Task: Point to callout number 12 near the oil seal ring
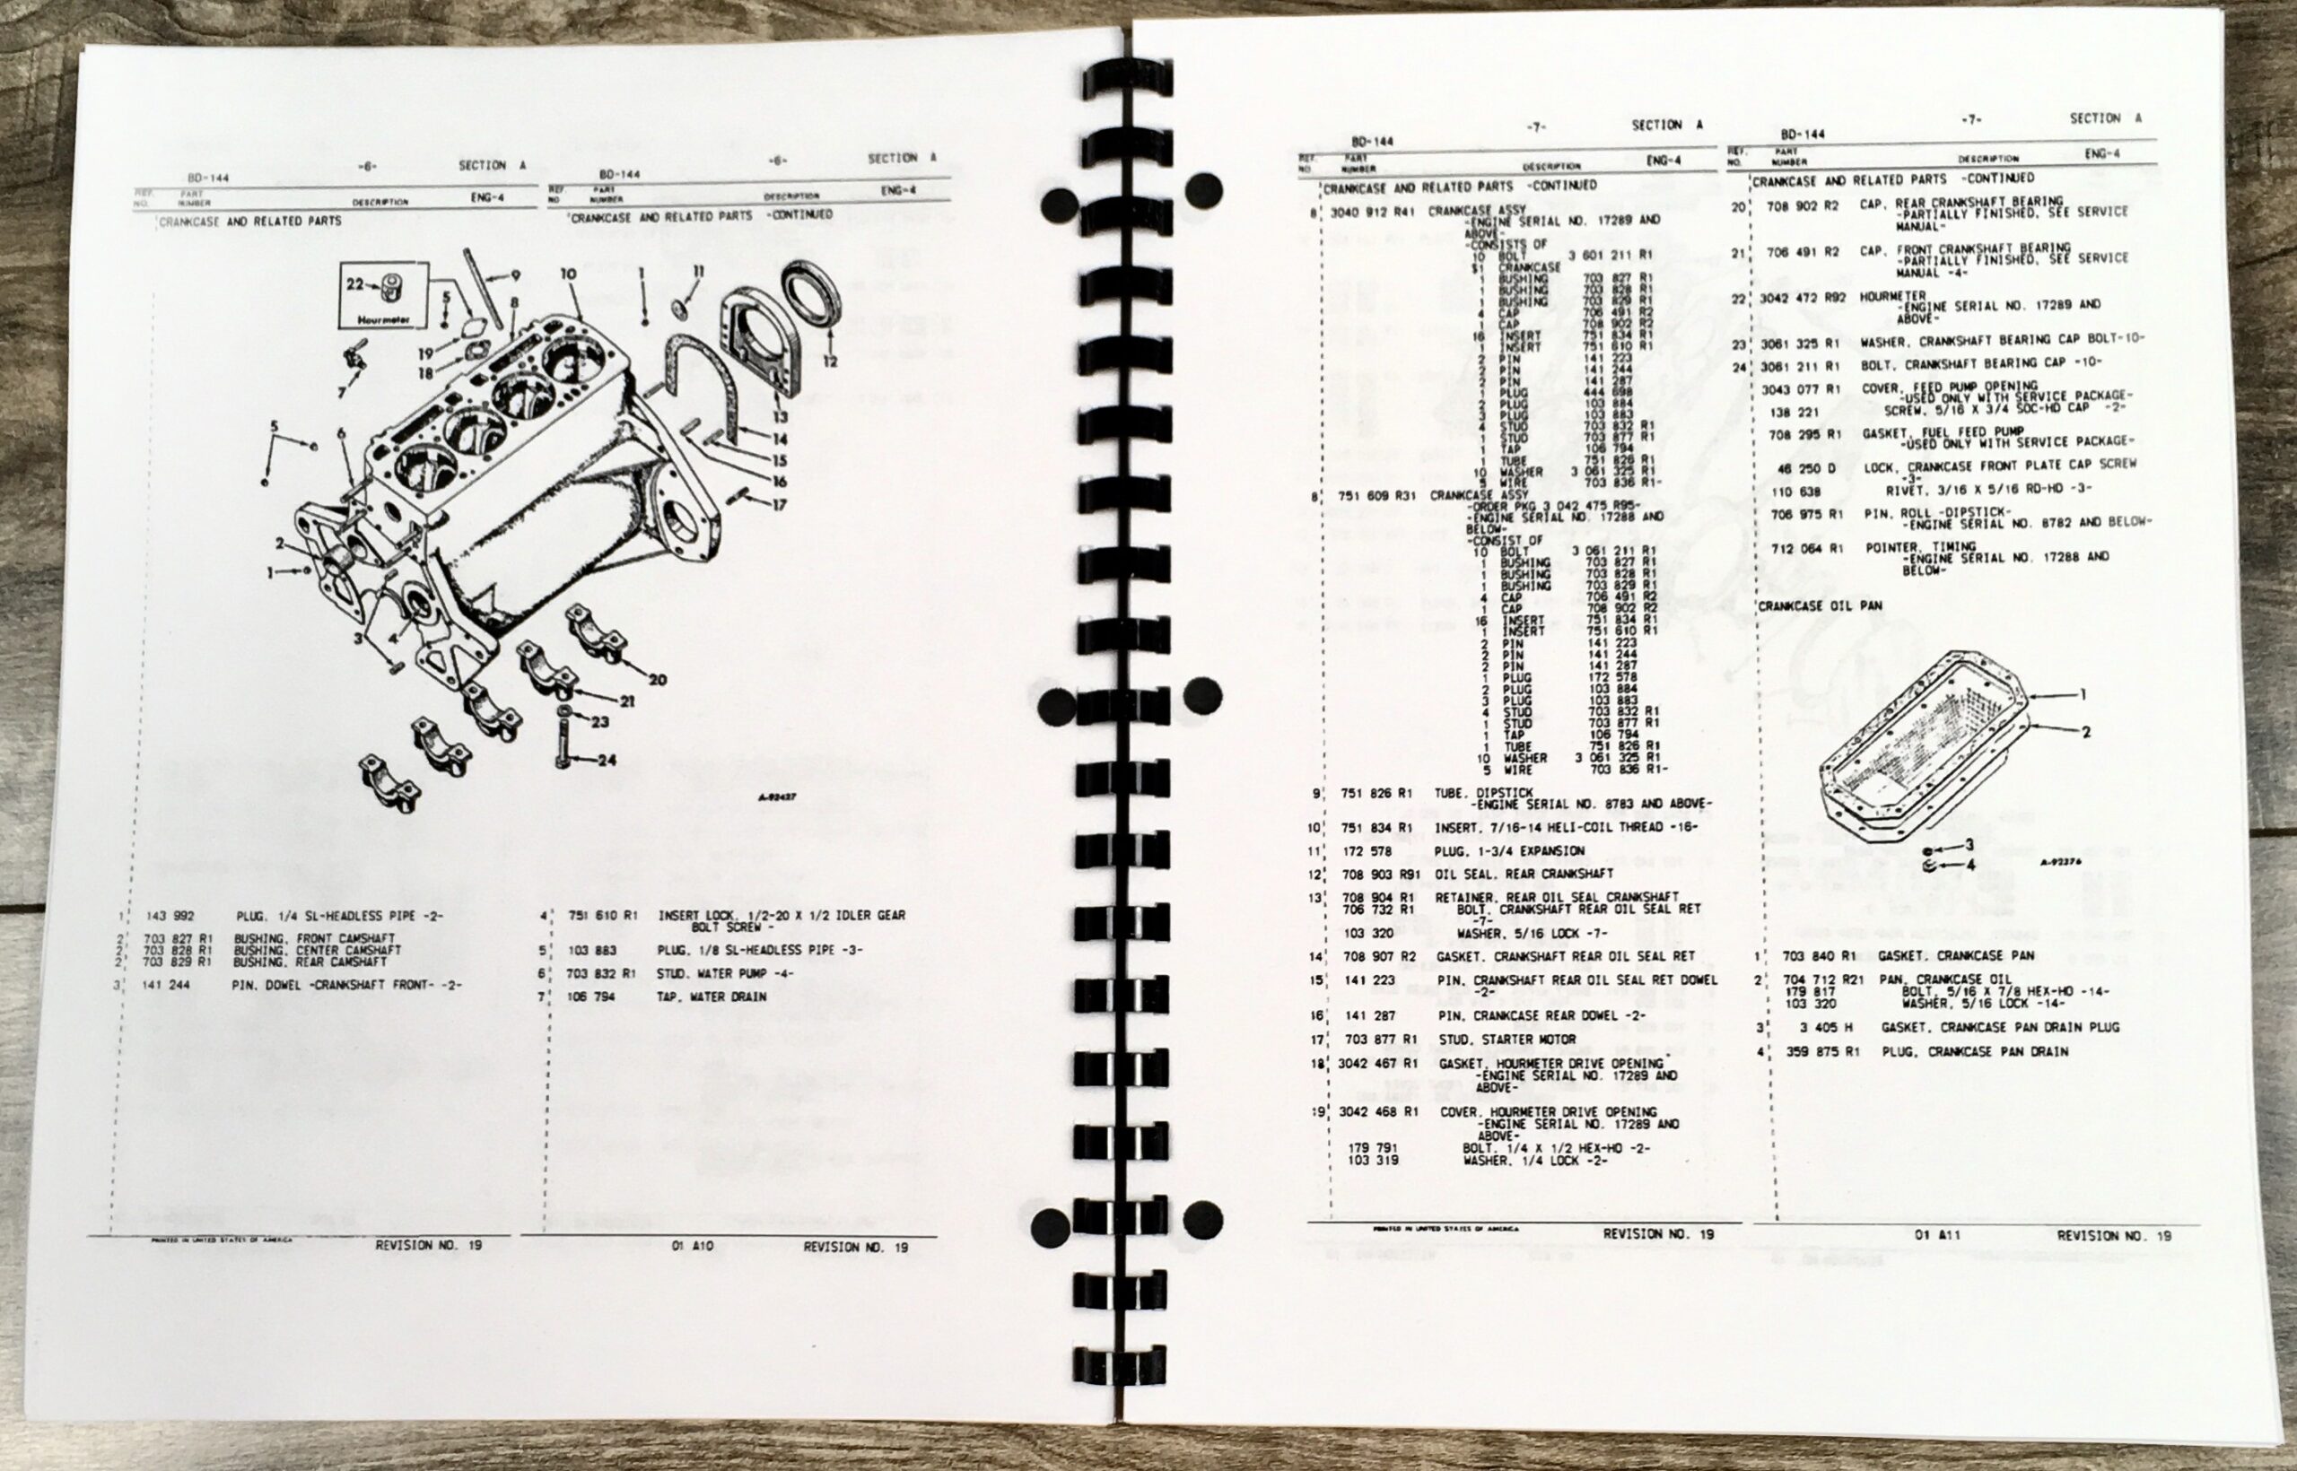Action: click(829, 361)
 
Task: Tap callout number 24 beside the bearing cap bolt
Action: click(606, 761)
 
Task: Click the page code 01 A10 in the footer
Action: click(692, 1247)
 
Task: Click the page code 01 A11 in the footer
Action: click(1938, 1235)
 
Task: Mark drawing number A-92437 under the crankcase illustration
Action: click(777, 796)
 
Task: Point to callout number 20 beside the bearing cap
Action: click(658, 680)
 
